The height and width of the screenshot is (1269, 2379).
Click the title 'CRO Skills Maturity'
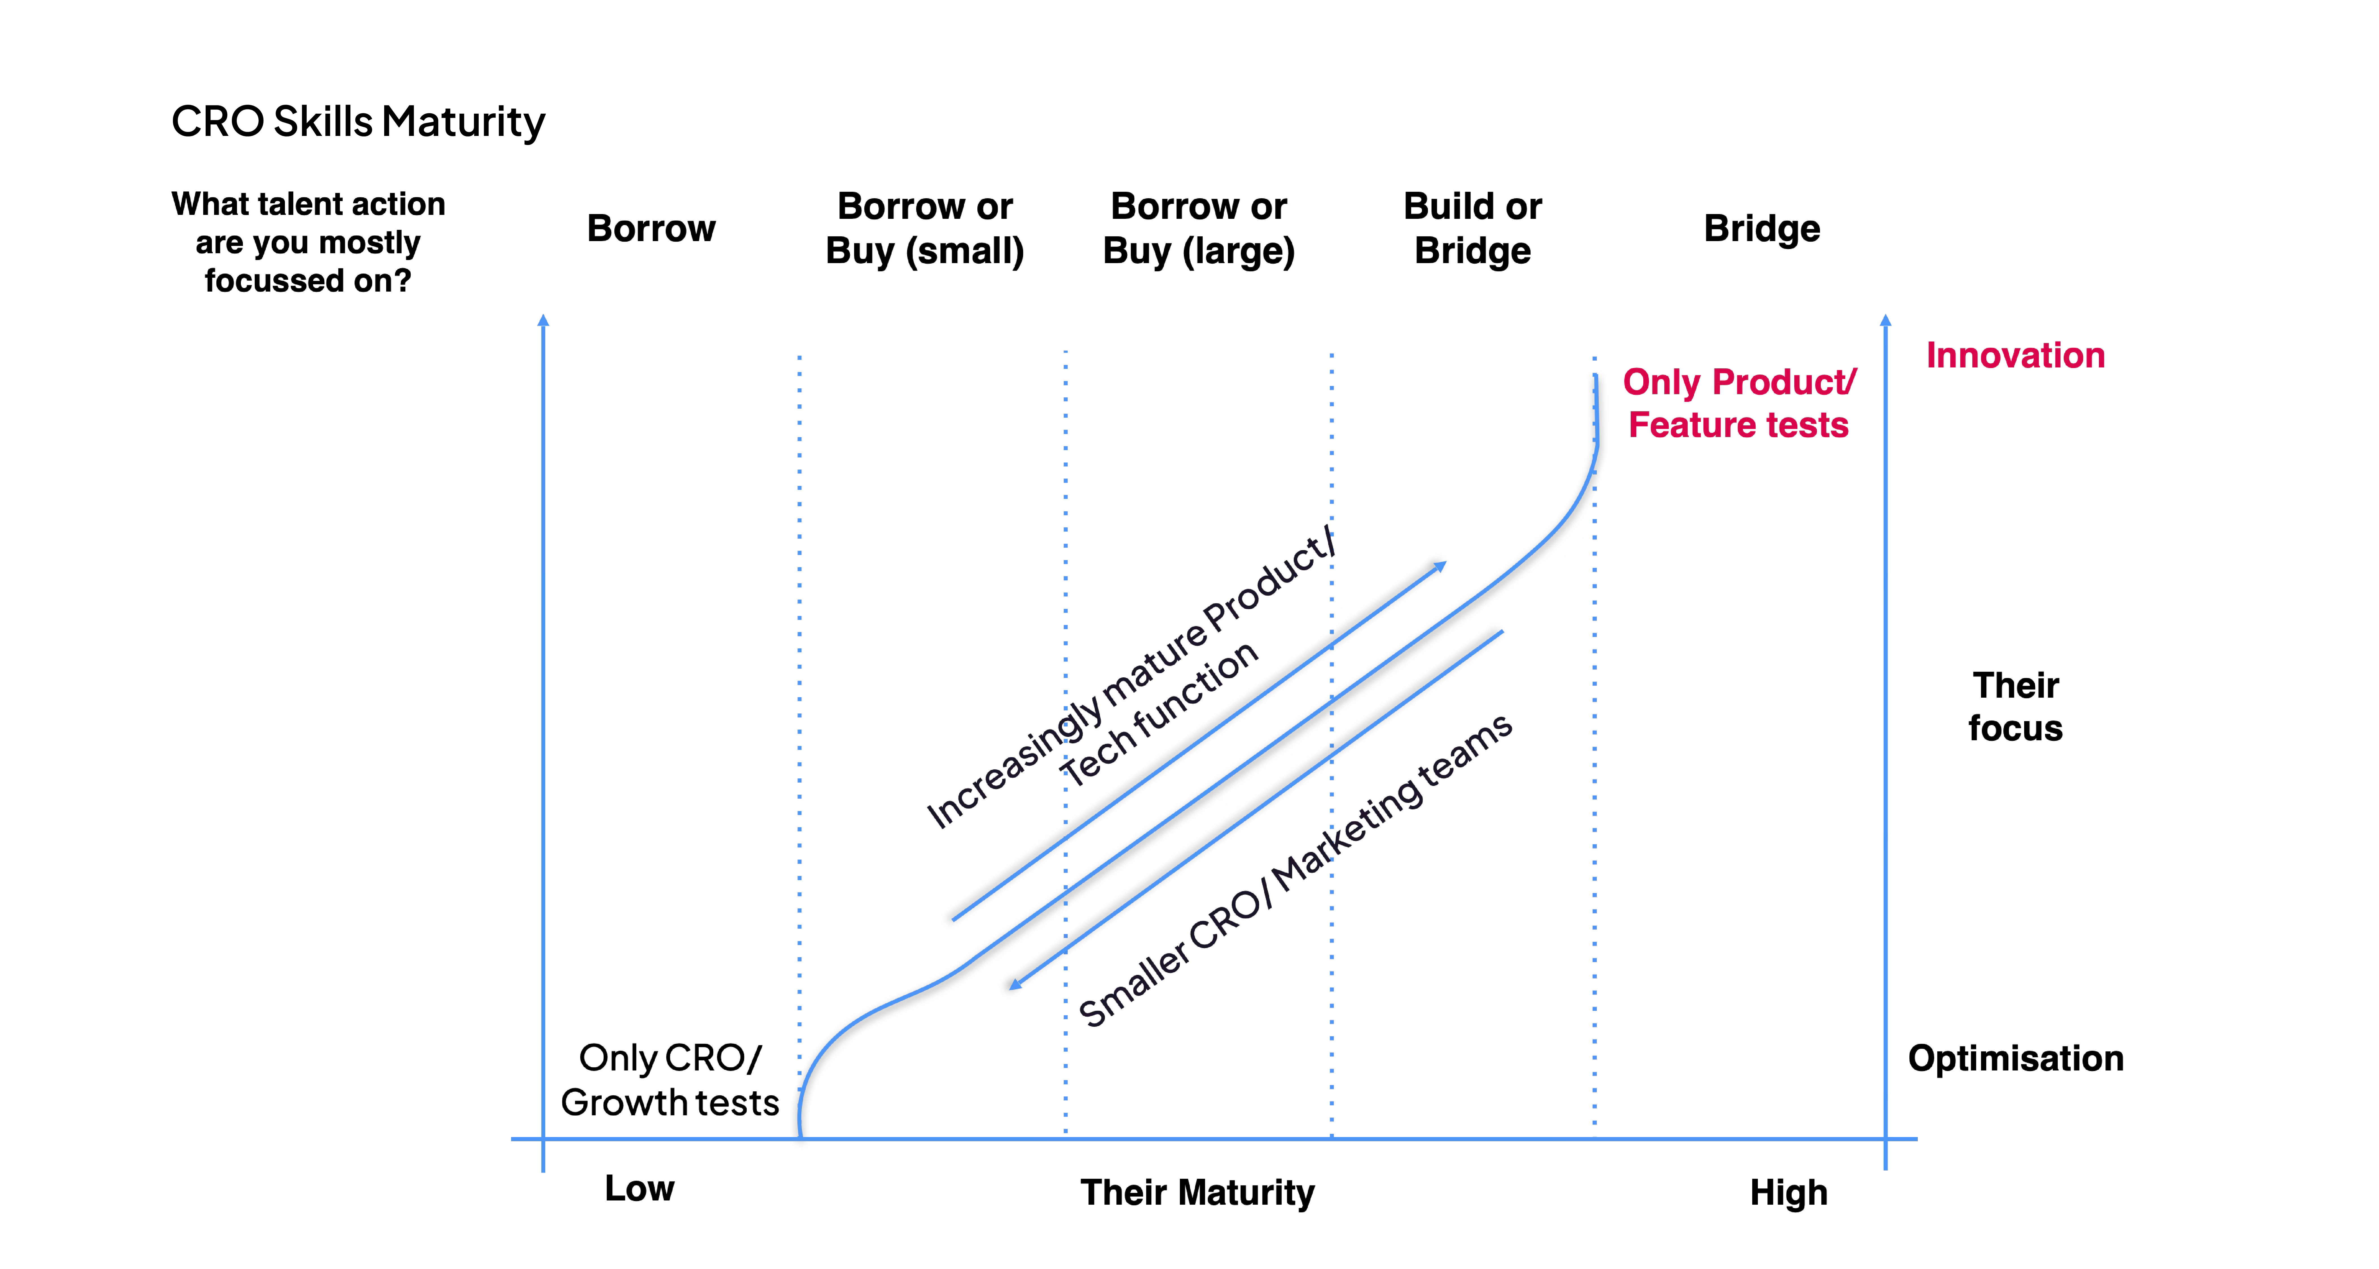tap(358, 122)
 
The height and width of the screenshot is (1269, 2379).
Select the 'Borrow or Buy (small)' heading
tap(924, 228)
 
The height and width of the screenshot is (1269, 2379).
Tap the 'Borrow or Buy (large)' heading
tap(1199, 228)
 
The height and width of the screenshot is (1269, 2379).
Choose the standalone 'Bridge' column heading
tap(1761, 228)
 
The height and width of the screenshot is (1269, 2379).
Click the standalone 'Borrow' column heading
tap(651, 228)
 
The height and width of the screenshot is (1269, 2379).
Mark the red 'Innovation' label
tap(2015, 356)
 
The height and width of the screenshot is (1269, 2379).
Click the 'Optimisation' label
tap(2015, 1058)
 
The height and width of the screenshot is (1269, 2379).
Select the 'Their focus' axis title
tap(2015, 706)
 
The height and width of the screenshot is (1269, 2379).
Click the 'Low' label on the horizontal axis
tap(639, 1189)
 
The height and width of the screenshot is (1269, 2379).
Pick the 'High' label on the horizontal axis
tap(1788, 1192)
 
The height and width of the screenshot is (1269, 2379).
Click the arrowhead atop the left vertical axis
tap(543, 320)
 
